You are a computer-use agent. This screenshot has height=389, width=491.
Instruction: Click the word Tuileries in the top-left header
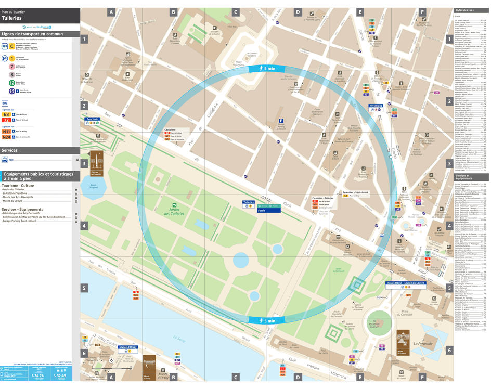click(12, 17)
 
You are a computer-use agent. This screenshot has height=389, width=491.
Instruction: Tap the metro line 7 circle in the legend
click(11, 67)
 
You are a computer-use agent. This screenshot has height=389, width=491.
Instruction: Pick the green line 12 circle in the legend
click(11, 83)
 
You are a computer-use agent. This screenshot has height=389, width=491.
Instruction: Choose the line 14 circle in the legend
click(11, 91)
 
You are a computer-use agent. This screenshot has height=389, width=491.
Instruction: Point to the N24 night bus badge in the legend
click(6, 137)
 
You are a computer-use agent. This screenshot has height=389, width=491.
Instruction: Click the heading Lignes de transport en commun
click(32, 34)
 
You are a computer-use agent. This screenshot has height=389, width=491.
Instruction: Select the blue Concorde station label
click(92, 119)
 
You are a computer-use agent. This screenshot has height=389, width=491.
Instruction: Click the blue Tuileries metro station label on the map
click(249, 202)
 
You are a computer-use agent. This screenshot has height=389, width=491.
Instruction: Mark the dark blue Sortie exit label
click(248, 211)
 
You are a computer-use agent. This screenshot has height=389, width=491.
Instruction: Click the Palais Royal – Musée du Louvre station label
click(406, 283)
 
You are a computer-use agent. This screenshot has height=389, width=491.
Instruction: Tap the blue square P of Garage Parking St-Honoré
click(281, 121)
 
